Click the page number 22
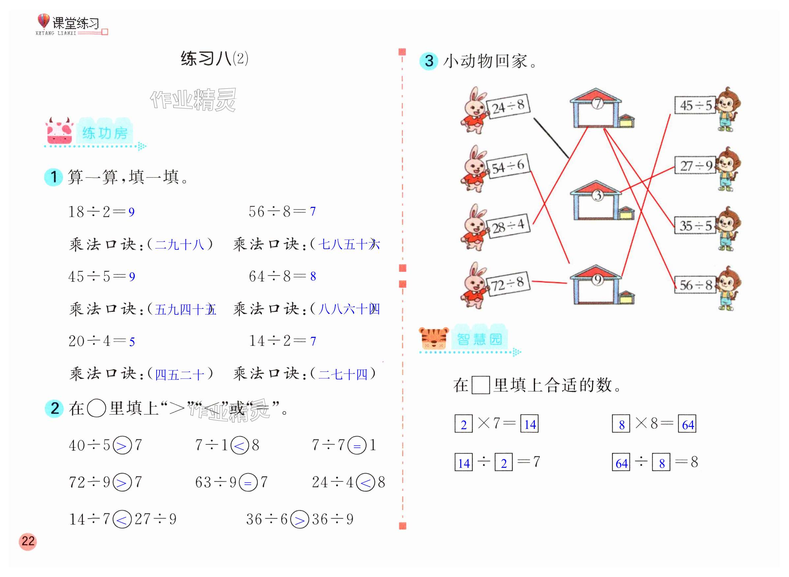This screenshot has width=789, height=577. click(x=28, y=541)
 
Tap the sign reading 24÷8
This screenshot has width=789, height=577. click(x=508, y=106)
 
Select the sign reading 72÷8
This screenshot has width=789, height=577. click(x=508, y=283)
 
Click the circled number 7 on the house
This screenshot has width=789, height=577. click(x=597, y=103)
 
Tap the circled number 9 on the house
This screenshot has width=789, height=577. click(x=597, y=280)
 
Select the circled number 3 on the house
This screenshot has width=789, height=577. click(x=597, y=195)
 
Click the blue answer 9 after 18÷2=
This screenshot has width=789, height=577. click(x=131, y=212)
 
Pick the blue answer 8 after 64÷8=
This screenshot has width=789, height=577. click(x=313, y=276)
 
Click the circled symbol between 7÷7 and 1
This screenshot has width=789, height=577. click(x=357, y=445)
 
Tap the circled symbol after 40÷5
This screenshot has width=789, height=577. click(x=122, y=445)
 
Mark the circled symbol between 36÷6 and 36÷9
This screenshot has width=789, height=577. click(x=299, y=519)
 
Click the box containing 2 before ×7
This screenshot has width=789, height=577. click(x=464, y=424)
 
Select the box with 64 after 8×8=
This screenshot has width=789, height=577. click(x=687, y=424)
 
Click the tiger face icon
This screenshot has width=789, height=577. click(x=433, y=338)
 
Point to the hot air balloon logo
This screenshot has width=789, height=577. click(x=44, y=21)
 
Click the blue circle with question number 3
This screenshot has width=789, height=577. click(x=429, y=61)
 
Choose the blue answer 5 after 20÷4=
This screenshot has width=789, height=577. click(x=132, y=341)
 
